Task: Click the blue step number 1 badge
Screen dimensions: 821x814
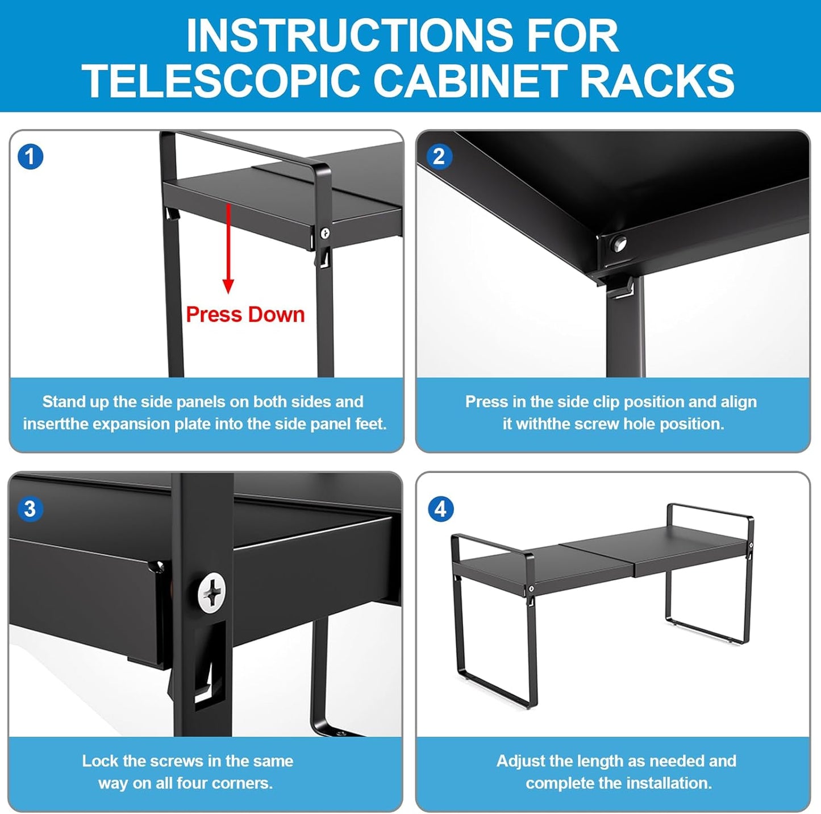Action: point(30,157)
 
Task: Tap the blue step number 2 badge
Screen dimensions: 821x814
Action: point(439,157)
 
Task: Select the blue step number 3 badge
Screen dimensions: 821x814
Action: point(30,509)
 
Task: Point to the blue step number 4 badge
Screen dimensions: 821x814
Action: point(440,509)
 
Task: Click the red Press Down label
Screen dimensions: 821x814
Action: point(245,315)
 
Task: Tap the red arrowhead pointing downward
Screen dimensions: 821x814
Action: point(228,286)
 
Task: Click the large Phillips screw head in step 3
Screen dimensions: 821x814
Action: point(212,593)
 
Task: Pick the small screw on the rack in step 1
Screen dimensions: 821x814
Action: point(325,233)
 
